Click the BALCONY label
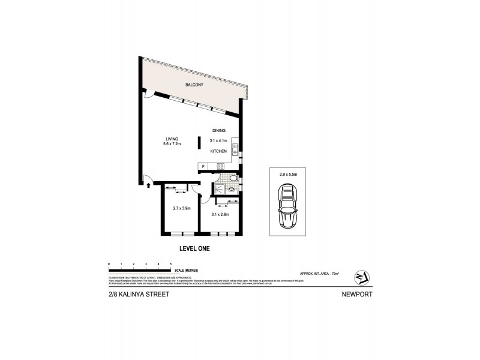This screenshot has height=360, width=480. (x=194, y=85)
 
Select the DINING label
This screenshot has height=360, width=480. (x=219, y=130)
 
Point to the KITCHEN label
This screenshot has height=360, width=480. (x=218, y=152)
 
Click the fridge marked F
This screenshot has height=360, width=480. (x=203, y=167)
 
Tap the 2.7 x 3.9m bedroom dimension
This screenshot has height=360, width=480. (x=181, y=208)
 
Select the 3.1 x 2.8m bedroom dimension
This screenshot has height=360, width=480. (x=220, y=214)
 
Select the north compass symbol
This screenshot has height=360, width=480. (x=361, y=275)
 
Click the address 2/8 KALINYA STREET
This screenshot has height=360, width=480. (x=134, y=295)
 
